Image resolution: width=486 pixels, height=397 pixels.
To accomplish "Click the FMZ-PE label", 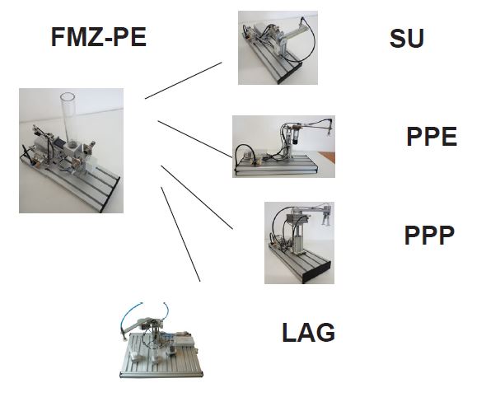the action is point(98,37).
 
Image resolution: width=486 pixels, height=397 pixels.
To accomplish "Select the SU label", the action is point(407,39).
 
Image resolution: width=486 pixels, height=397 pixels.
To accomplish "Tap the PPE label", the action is point(432,137).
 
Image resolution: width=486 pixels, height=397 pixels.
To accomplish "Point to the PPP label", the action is point(429,236).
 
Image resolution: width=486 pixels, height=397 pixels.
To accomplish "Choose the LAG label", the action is point(308,332).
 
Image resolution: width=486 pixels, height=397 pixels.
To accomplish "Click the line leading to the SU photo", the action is point(183,81).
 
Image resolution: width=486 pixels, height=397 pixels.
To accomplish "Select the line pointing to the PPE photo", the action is point(195,139).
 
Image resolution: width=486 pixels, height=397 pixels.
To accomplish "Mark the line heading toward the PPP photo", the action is point(197,198).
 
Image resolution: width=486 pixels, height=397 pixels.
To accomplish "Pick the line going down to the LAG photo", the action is point(180,234).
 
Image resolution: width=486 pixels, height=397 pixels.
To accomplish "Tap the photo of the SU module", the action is point(278,48).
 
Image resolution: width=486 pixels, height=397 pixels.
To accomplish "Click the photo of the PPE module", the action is point(283,147).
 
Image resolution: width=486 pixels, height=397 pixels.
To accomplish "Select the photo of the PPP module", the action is point(299,243).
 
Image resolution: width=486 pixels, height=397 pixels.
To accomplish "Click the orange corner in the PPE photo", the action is point(327,157).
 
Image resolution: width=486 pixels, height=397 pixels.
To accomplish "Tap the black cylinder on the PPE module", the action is point(296,137).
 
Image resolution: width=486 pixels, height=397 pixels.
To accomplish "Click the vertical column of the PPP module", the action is point(297,237).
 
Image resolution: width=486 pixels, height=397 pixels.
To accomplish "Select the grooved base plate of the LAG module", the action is point(162,357).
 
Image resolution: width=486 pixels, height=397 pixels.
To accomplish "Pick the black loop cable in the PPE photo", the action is point(245,154).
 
